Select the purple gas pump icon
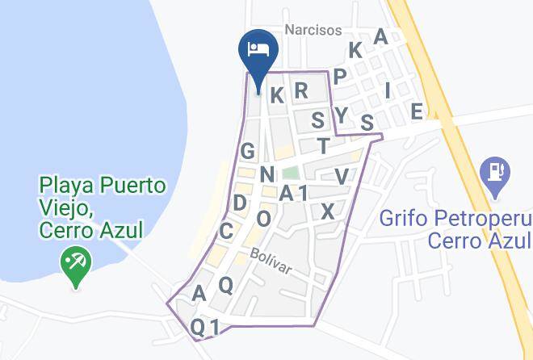pyautogui.click(x=493, y=176)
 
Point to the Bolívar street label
pyautogui.click(x=270, y=258)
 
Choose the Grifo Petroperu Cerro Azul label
pyautogui.click(x=455, y=229)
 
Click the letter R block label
pyautogui.click(x=301, y=90)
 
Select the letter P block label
pyautogui.click(x=340, y=77)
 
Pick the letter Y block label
pyautogui.click(x=342, y=115)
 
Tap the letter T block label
pyautogui.click(x=324, y=145)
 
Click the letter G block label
pyautogui.click(x=247, y=151)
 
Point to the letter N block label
pyautogui.click(x=267, y=174)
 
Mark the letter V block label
pyautogui.click(x=342, y=176)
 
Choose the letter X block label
pyautogui.click(x=327, y=211)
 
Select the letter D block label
pyautogui.click(x=240, y=202)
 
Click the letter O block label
pyautogui.click(x=263, y=218)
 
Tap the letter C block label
pyautogui.click(x=226, y=232)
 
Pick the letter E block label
pyautogui.click(x=417, y=111)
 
